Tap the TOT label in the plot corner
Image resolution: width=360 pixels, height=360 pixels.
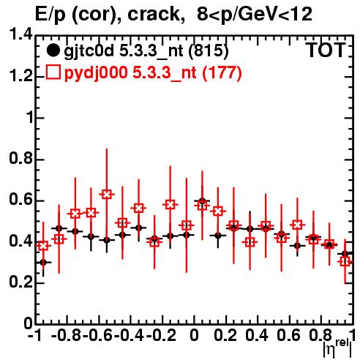[326, 50]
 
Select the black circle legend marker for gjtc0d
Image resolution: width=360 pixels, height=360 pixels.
[53, 50]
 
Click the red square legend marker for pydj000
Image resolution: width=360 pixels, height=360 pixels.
[53, 72]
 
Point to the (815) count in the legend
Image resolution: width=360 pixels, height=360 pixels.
[209, 50]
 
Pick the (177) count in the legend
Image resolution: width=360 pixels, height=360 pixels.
[222, 72]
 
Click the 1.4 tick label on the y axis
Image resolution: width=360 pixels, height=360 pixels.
[20, 35]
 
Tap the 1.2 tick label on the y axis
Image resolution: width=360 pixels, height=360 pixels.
[20, 76]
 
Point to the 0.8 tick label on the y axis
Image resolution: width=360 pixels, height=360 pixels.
[20, 159]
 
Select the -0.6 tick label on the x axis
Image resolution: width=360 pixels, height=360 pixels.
[98, 336]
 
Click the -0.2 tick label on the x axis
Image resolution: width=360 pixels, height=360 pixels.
[161, 336]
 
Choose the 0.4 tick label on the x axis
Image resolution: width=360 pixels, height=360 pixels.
[257, 336]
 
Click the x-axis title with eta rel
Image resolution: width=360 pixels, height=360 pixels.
[338, 349]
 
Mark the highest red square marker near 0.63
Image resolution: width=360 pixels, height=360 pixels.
[107, 195]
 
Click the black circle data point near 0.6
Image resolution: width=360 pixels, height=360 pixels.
[202, 201]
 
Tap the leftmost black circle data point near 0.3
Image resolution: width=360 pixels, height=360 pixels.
[43, 263]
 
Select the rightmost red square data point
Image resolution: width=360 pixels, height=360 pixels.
[345, 262]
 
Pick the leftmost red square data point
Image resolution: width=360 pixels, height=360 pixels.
[43, 245]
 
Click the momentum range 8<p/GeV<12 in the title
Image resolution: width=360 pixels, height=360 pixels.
[255, 14]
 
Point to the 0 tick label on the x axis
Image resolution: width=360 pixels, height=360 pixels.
[194, 336]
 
